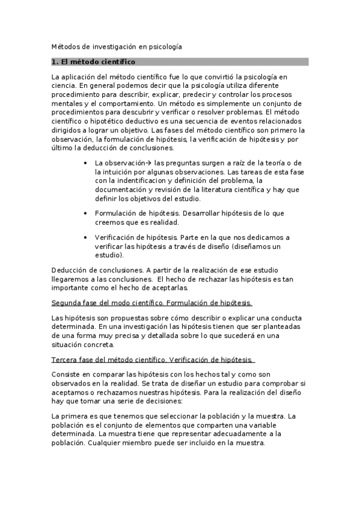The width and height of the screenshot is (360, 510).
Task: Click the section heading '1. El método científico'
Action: tap(93, 62)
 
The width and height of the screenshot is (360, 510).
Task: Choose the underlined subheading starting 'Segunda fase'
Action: tap(152, 303)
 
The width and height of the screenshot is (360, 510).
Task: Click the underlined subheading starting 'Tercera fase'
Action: tap(153, 360)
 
